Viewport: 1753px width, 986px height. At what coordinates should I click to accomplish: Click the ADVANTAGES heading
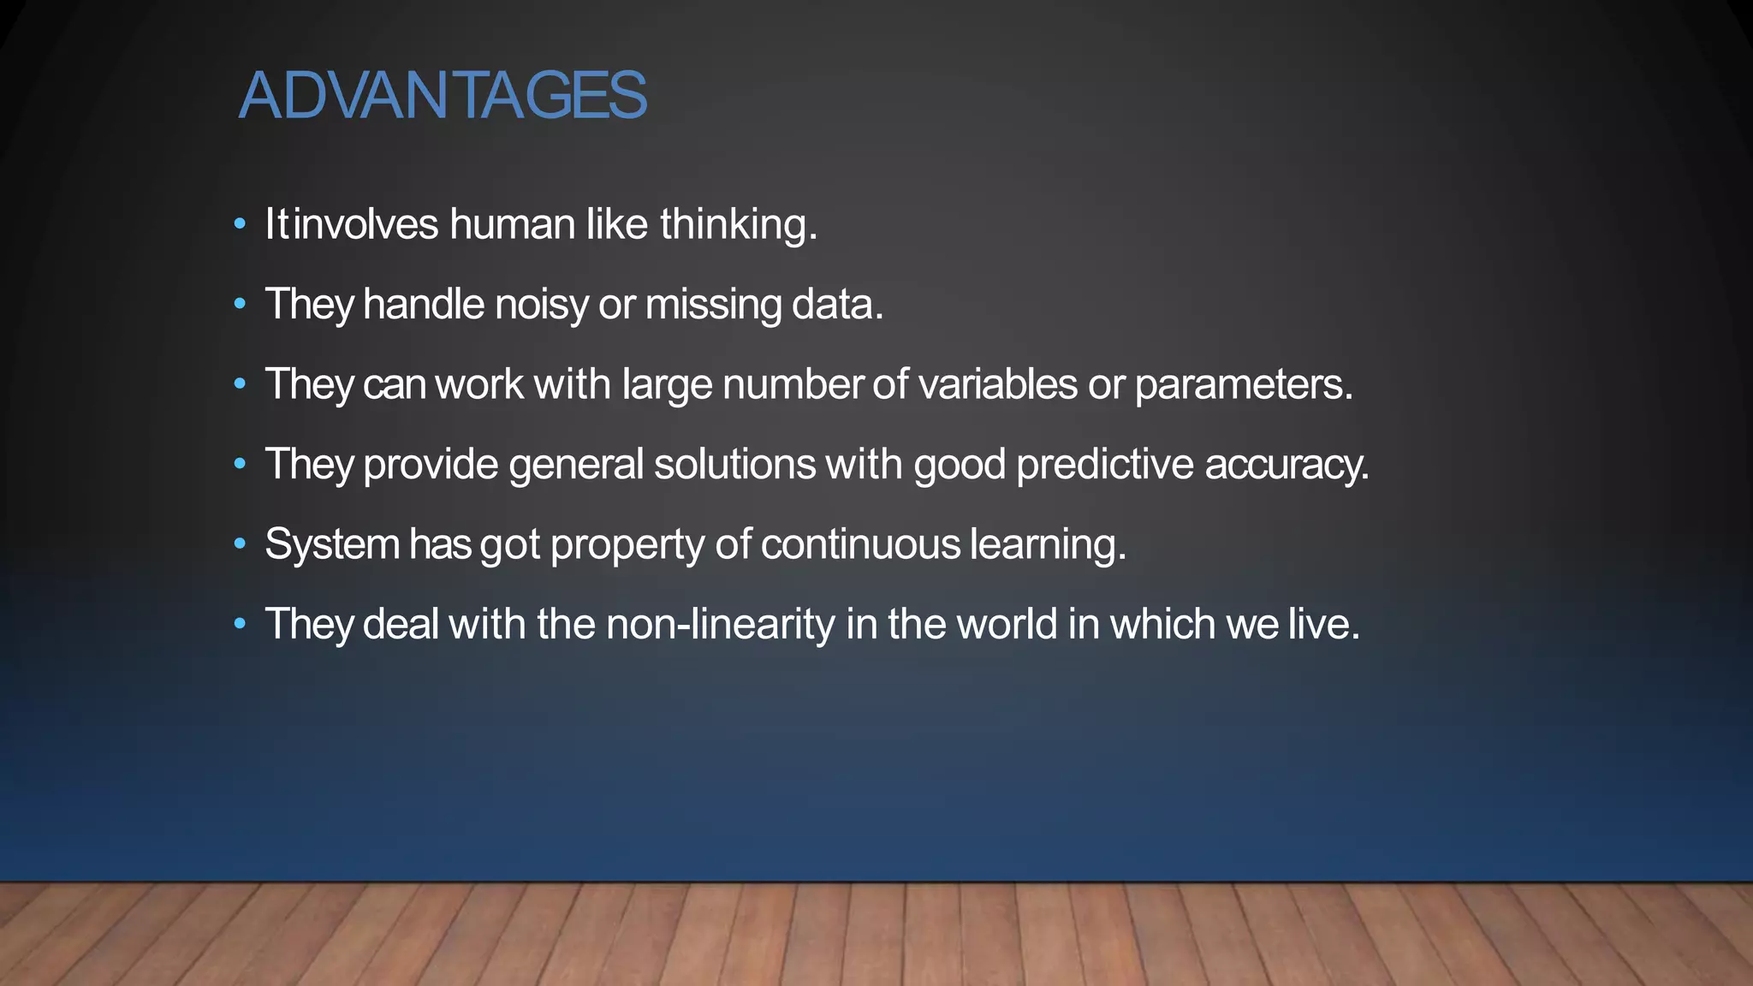(x=443, y=95)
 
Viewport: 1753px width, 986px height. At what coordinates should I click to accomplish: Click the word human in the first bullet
(x=512, y=224)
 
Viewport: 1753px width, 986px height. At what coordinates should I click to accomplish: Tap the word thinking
(x=738, y=226)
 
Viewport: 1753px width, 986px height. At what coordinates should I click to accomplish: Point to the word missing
(x=713, y=306)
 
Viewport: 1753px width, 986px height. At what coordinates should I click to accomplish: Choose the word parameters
(x=1243, y=385)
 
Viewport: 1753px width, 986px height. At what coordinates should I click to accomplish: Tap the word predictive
(x=1104, y=465)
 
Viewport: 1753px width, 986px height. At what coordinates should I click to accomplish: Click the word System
(x=332, y=545)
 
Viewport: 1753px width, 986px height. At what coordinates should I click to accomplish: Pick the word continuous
(x=860, y=544)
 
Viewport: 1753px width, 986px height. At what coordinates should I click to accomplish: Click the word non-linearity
(x=720, y=624)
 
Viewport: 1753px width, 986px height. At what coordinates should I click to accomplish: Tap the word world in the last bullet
(x=1007, y=624)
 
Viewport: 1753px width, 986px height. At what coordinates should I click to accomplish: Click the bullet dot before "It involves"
(x=241, y=225)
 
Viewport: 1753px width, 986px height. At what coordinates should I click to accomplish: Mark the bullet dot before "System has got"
(x=241, y=544)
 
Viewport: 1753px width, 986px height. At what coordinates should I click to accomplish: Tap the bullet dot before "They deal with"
(x=241, y=624)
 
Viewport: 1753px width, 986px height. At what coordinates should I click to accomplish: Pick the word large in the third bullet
(x=667, y=385)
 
